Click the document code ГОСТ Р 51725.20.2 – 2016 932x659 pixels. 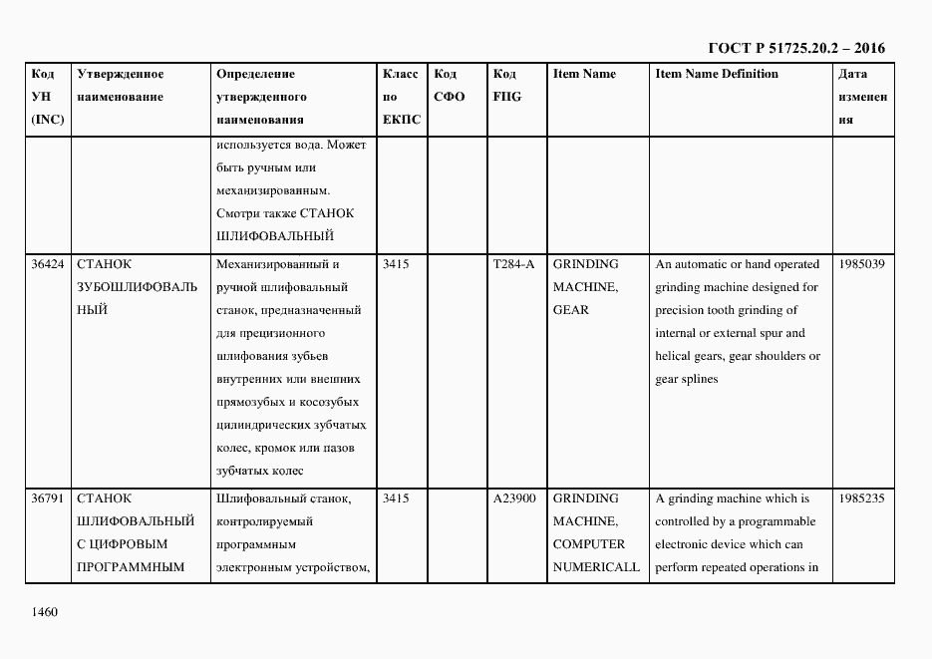(795, 47)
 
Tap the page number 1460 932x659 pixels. (45, 611)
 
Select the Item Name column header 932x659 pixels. (584, 74)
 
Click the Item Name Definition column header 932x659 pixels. (717, 74)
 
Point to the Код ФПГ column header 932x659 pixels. (506, 86)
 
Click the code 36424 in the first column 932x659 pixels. (48, 264)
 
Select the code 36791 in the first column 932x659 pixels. (48, 498)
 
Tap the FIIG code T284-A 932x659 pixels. (513, 264)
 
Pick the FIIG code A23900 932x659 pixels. (514, 498)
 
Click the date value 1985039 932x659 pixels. (862, 264)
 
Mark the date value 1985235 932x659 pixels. (862, 498)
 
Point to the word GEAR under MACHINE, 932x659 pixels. (570, 310)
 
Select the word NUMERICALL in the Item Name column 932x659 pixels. (596, 567)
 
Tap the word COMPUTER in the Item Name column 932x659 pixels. (589, 544)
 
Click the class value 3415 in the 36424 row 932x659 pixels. (396, 264)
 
